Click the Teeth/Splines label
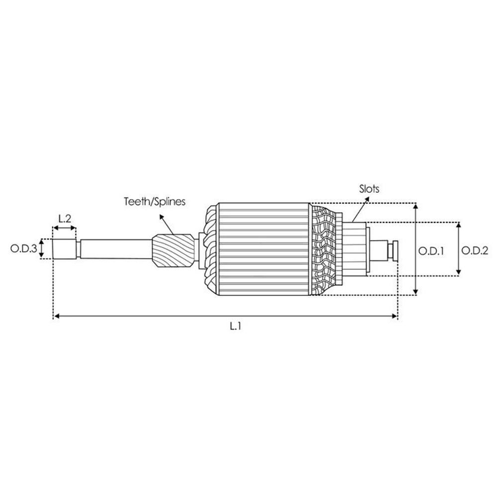(155, 202)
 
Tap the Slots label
(369, 189)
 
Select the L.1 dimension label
(236, 326)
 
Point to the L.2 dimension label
(65, 218)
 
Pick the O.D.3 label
(24, 248)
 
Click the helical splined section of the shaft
(173, 250)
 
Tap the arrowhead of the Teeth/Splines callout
(162, 217)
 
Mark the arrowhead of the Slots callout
(367, 199)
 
